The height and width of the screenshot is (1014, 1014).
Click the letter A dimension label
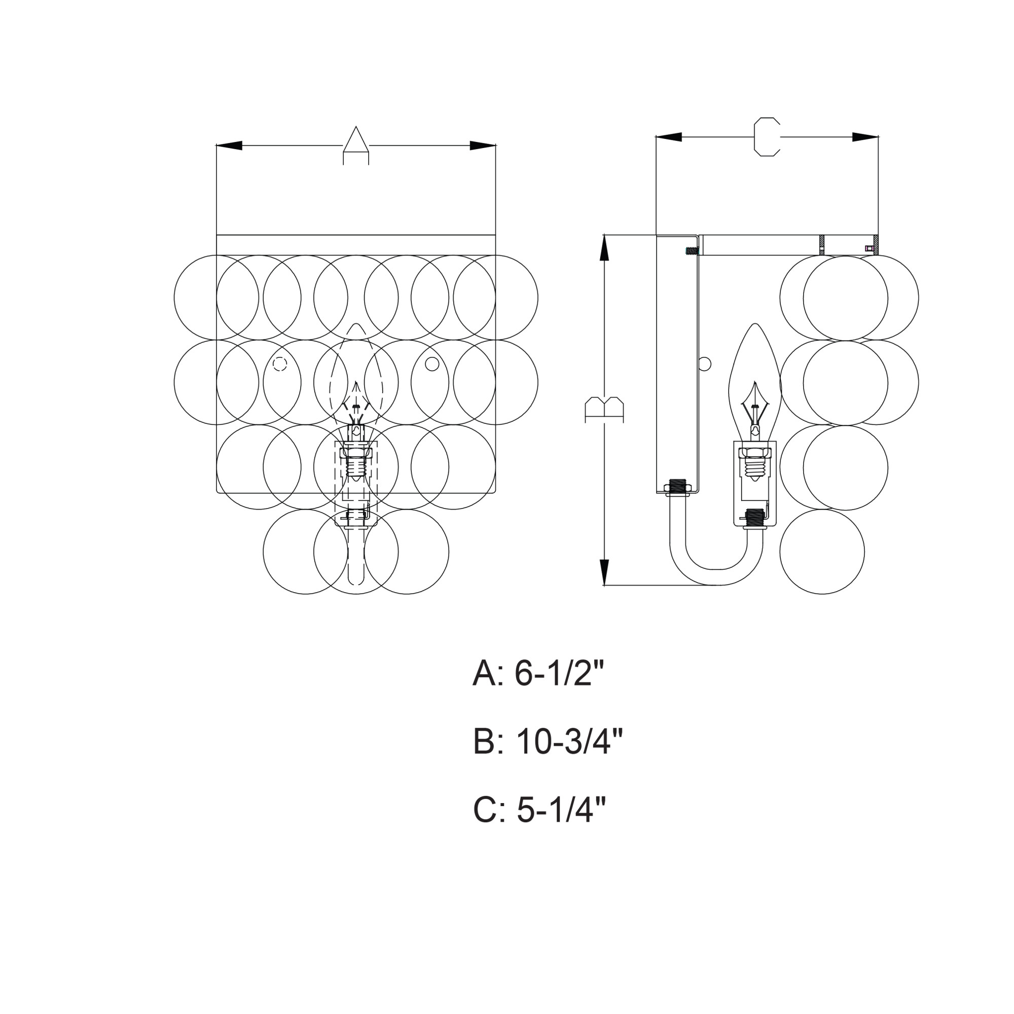356,146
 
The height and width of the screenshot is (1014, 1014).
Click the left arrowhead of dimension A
229,146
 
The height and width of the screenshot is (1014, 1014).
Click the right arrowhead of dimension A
482,146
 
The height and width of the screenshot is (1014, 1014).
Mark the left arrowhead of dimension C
669,137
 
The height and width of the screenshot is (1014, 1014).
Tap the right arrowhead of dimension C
865,137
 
